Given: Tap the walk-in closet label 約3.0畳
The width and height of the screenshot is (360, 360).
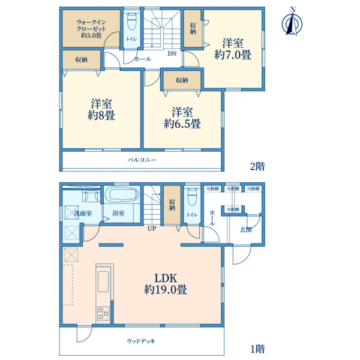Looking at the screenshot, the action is (x=91, y=35).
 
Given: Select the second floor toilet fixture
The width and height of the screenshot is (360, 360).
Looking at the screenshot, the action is (x=131, y=22).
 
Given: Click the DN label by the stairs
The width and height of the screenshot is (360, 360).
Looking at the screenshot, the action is (x=172, y=53).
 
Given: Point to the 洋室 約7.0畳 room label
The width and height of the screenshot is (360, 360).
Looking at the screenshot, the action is (x=233, y=49).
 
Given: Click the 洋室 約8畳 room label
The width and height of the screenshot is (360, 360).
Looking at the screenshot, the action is (x=101, y=110).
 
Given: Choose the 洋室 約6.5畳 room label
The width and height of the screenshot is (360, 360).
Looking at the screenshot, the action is (x=182, y=118).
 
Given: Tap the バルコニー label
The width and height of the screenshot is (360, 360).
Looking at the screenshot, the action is (x=142, y=160).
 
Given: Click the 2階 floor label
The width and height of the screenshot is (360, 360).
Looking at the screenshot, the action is (x=257, y=166).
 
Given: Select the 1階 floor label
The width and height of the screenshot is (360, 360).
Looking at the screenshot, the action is (x=257, y=349).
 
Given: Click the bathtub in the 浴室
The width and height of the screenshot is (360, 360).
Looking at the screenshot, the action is (x=121, y=194).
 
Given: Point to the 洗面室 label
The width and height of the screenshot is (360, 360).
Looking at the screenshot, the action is (x=83, y=213).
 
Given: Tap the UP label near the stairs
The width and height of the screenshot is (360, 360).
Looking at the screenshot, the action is (x=152, y=228).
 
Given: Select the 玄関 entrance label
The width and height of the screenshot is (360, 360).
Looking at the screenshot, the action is (x=245, y=229).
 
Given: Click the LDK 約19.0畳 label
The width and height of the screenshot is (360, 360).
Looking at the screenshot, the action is (x=166, y=284).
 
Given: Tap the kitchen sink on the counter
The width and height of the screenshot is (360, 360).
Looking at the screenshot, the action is (x=103, y=282).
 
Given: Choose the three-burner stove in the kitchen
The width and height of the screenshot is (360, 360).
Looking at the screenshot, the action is (x=103, y=313).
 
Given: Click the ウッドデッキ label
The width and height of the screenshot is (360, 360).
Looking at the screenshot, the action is (x=141, y=341).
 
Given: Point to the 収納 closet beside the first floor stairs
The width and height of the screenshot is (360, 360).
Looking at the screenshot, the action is (x=172, y=205).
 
